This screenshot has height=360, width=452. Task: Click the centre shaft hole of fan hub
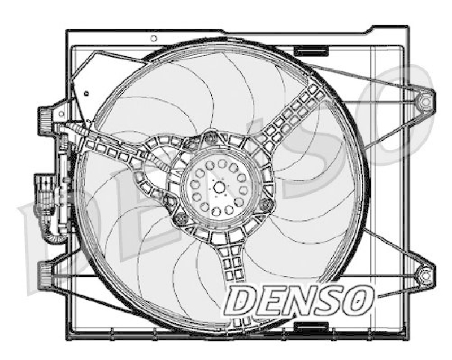(x=217, y=187)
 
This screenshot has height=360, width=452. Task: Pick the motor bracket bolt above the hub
(x=211, y=136)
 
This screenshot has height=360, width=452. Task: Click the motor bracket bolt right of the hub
(x=267, y=206)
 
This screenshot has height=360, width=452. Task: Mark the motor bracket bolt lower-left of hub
(x=180, y=218)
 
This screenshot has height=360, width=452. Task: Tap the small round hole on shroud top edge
(x=154, y=38)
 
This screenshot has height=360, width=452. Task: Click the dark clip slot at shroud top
(x=313, y=51)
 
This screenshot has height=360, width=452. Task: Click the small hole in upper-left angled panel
(x=85, y=94)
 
